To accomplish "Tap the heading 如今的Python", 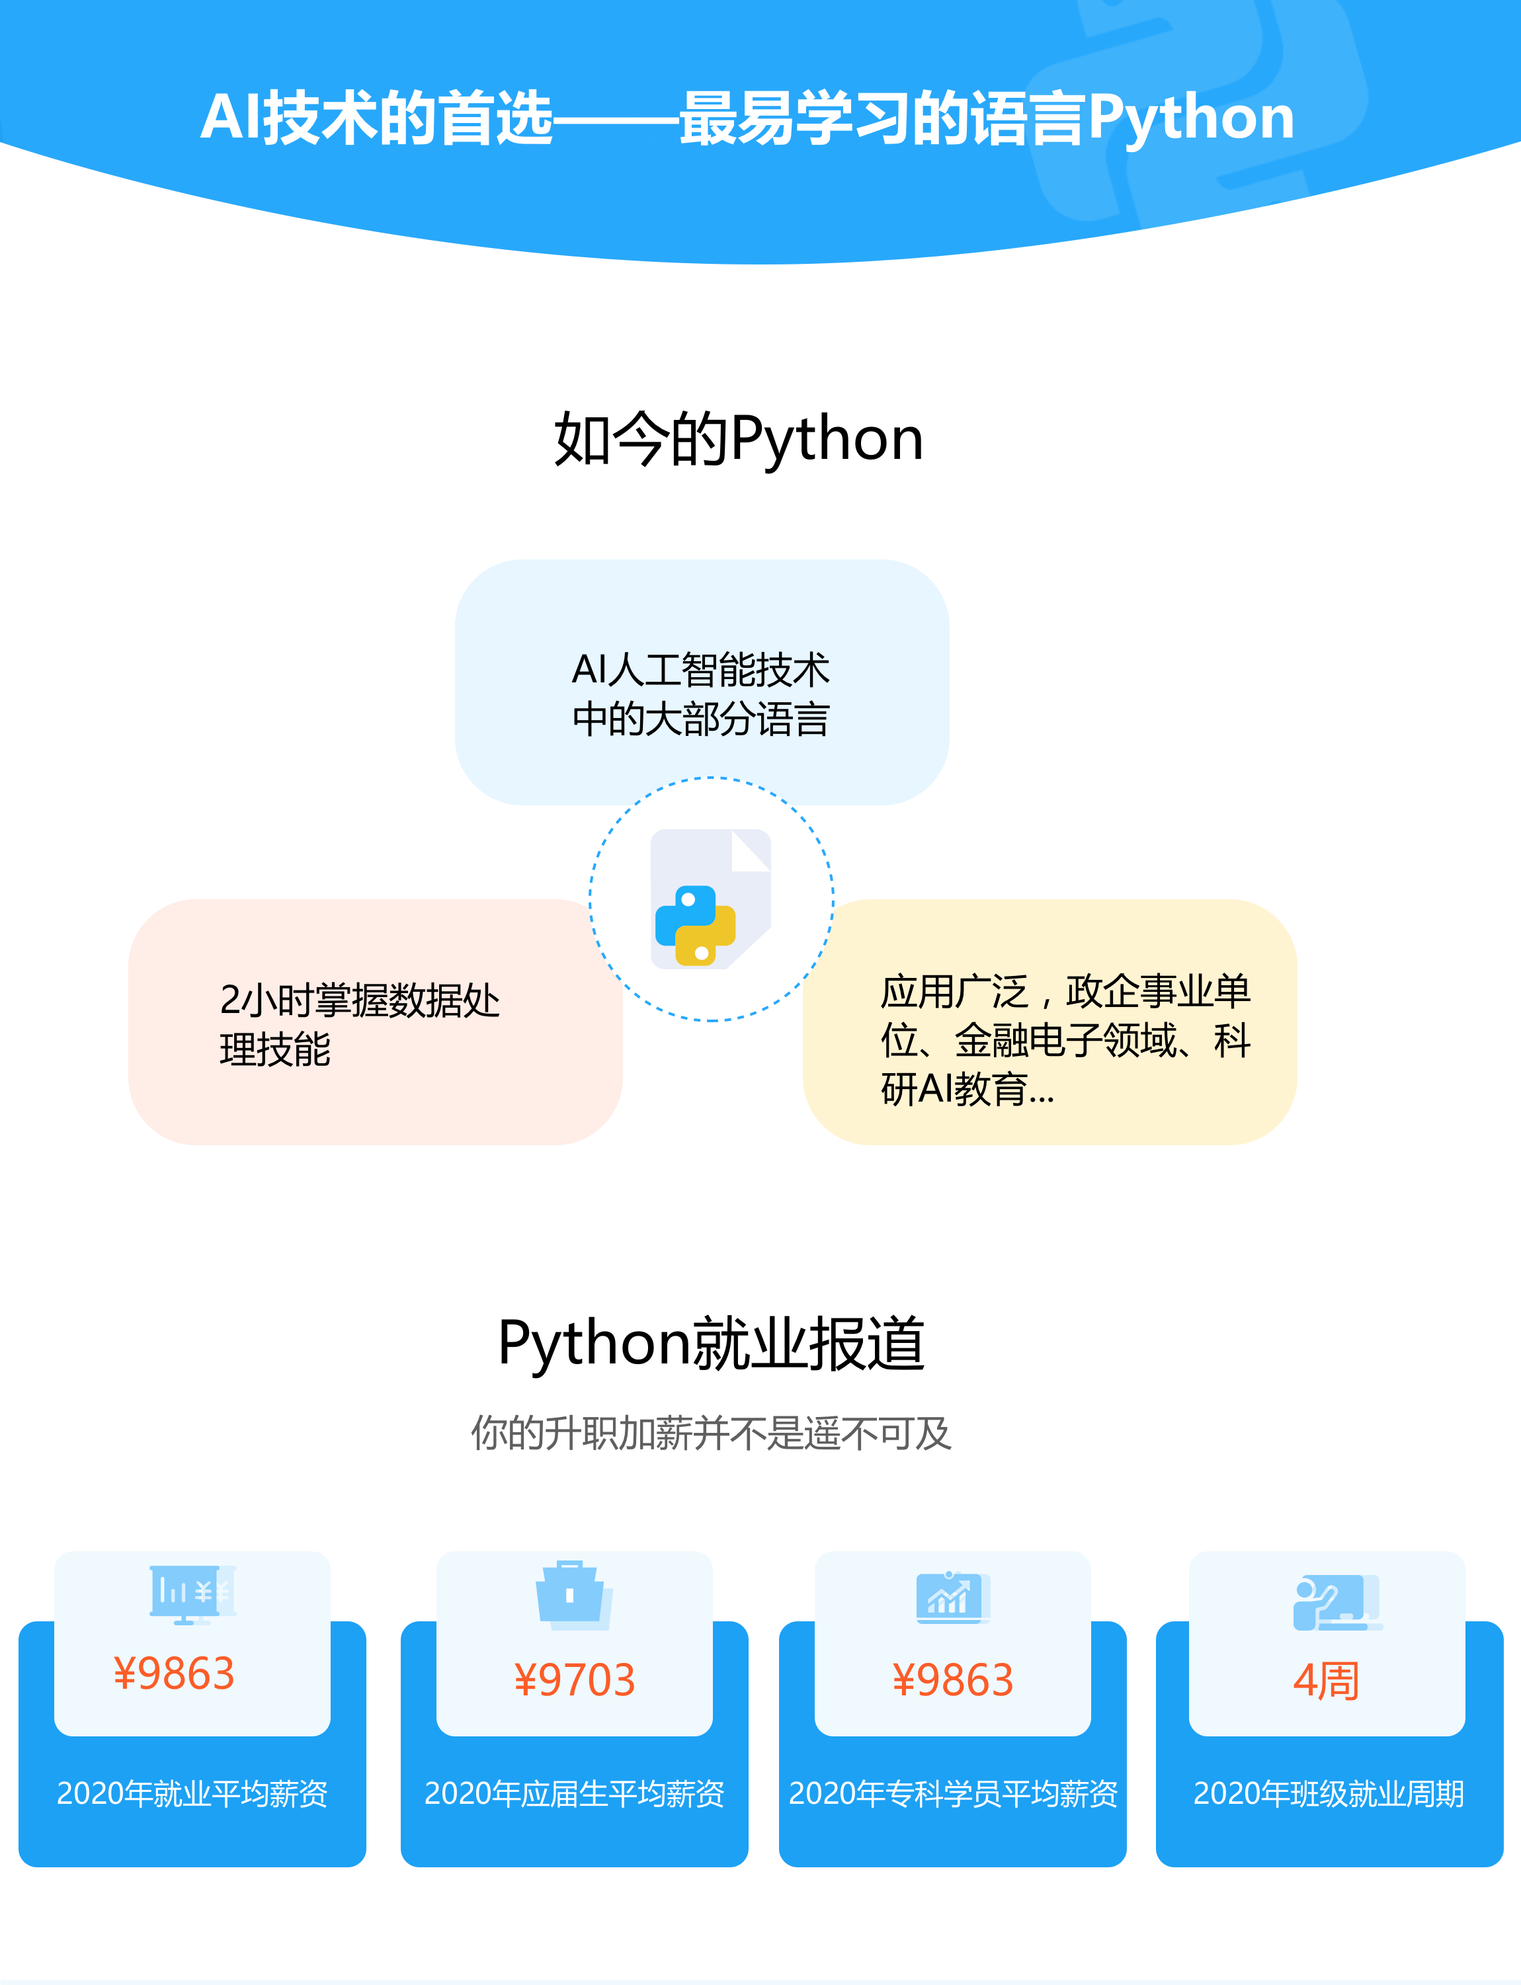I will point(739,440).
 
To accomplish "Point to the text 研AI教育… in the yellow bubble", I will point(967,1089).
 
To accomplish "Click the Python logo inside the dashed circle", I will point(695,926).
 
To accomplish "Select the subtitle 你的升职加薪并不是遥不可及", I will point(712,1434).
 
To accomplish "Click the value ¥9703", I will point(574,1681).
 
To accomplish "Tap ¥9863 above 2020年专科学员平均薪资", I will point(952,1681).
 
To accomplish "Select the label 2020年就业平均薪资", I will point(192,1794).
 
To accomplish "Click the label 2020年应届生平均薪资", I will point(574,1794).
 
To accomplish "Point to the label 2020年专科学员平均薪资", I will point(952,1794).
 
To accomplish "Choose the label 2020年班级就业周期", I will point(1328,1794).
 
